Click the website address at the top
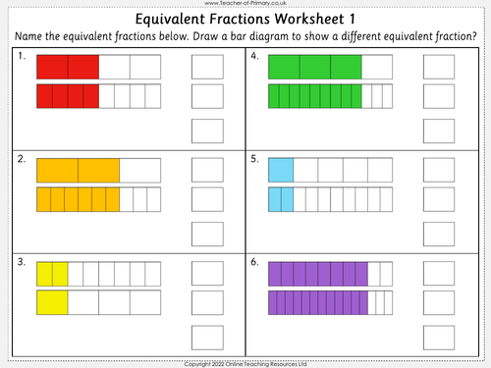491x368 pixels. point(245,4)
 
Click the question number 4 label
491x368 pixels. point(254,58)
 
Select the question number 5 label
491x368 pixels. point(254,158)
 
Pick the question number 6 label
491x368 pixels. point(254,261)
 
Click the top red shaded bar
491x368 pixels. point(68,67)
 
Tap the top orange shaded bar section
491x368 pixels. point(78,170)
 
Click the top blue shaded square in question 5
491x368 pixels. point(281,170)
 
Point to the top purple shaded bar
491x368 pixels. point(318,272)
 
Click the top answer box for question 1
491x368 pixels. point(206,67)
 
